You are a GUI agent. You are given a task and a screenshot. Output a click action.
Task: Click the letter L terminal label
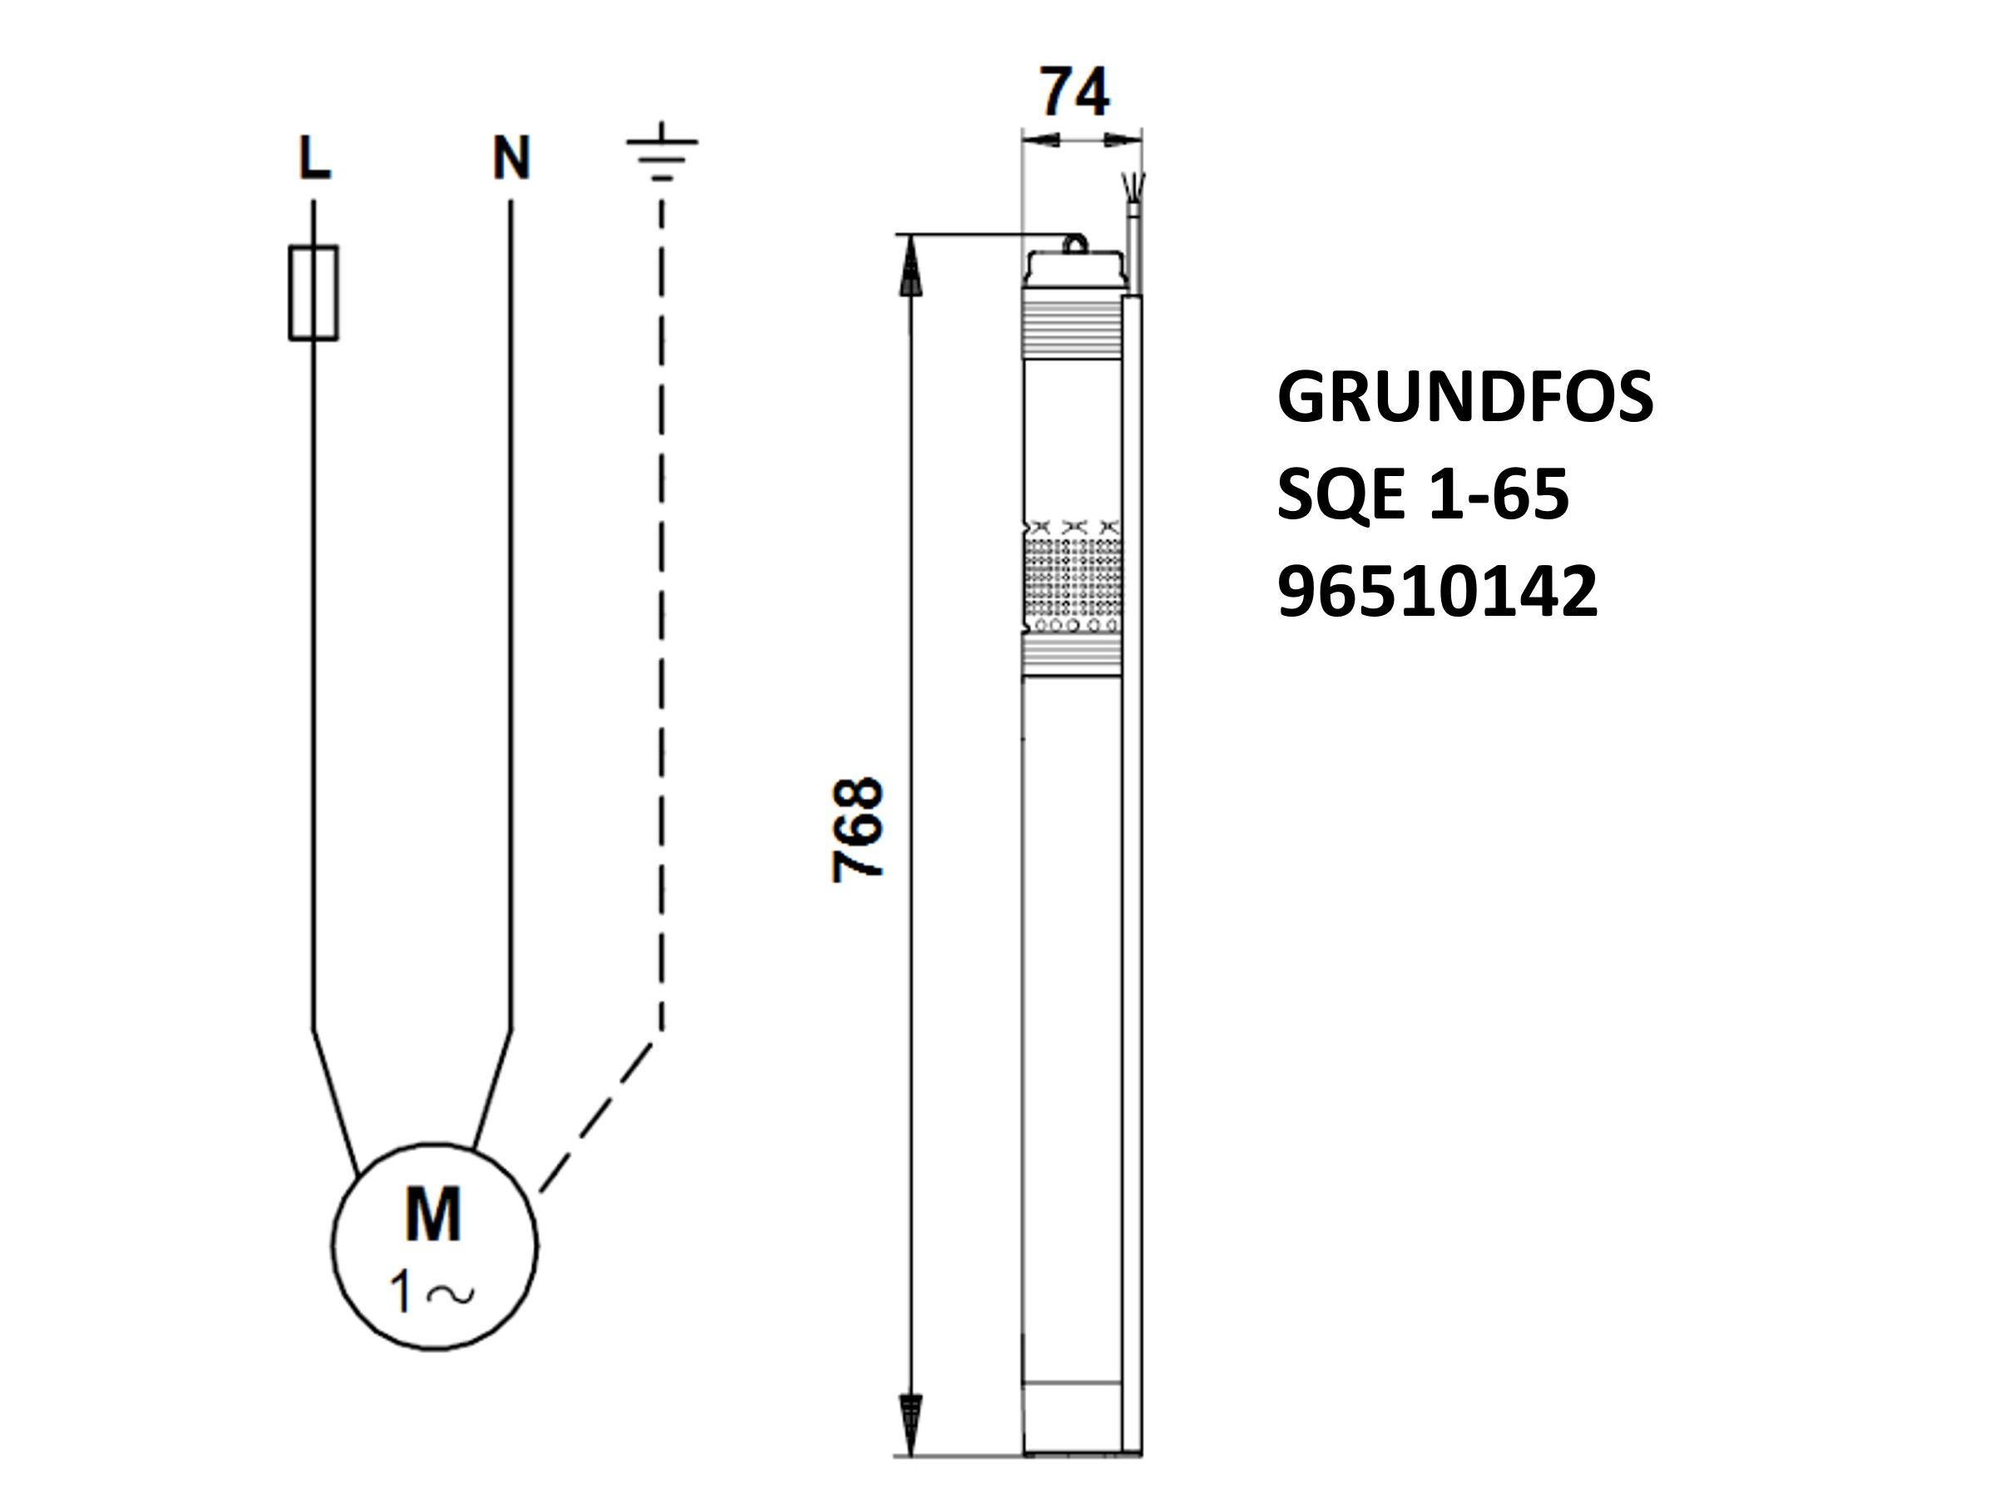315,158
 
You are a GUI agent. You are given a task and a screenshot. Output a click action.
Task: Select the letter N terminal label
511,158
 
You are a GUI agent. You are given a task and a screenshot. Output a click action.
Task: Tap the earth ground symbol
662,151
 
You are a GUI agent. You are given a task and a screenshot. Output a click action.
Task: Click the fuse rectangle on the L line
313,293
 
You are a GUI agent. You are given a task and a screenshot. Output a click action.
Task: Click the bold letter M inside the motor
434,1214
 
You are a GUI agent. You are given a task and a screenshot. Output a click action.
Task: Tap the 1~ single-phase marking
432,1292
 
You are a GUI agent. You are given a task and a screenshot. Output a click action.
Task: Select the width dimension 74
1074,92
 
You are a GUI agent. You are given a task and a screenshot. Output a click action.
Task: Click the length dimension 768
857,829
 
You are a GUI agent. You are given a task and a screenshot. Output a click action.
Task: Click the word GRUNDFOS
1464,397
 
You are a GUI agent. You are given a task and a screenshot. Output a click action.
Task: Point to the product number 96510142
1437,593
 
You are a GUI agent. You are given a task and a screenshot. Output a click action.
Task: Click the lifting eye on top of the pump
1074,244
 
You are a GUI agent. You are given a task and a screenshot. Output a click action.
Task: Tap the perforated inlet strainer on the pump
1073,578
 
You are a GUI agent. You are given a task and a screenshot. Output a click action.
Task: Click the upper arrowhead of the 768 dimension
911,265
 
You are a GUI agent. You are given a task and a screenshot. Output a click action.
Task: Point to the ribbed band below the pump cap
1073,325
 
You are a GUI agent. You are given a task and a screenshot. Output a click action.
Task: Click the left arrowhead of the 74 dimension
1040,140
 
